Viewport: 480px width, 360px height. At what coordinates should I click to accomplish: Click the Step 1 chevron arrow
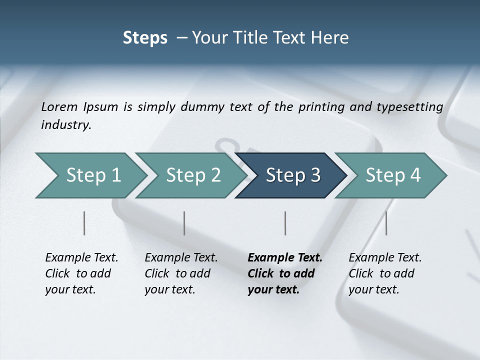coord(90,175)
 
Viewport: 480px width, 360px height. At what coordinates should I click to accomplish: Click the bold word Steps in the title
coord(145,38)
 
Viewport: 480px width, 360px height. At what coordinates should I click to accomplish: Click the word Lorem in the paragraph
coord(59,107)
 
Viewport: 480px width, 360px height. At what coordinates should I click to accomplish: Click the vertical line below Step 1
coord(84,223)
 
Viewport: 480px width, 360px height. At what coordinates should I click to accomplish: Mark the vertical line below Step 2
coord(184,223)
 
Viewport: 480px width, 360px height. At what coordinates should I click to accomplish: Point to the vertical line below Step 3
coord(285,223)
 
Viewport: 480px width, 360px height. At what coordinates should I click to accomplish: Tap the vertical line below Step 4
coord(386,223)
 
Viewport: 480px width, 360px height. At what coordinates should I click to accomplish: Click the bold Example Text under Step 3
coord(285,258)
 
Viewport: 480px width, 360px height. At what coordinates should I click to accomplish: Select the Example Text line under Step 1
coord(81,258)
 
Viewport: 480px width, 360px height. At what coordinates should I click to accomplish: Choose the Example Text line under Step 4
coord(385,258)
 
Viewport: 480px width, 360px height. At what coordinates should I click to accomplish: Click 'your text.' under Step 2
coord(169,289)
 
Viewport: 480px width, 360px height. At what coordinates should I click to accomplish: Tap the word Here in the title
coord(330,38)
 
